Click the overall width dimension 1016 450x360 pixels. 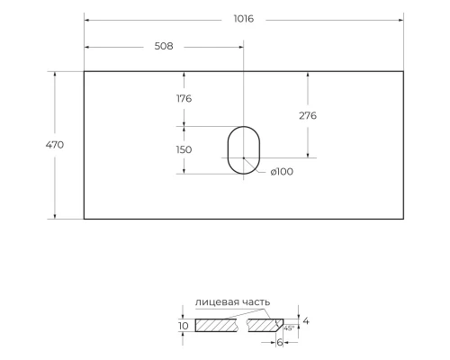pos(243,20)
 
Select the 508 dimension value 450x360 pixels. pos(163,46)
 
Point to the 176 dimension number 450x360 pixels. pos(184,98)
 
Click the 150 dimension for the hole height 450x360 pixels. pos(184,149)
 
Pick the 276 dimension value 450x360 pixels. pos(307,115)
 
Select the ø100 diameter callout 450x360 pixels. pos(282,172)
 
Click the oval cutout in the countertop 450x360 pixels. pos(242,149)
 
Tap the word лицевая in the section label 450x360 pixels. pos(217,301)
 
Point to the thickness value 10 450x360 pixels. pos(184,325)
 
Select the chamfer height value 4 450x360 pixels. pos(306,320)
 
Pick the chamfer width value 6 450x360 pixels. pos(281,342)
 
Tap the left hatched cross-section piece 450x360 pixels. pos(216,325)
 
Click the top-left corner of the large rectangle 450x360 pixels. pos(85,71)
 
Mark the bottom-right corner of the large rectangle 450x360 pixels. pos(402,219)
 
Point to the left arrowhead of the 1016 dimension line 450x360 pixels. pos(87,20)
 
